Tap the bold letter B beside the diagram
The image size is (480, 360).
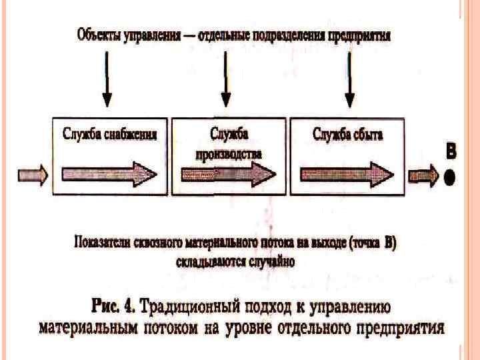451,151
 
